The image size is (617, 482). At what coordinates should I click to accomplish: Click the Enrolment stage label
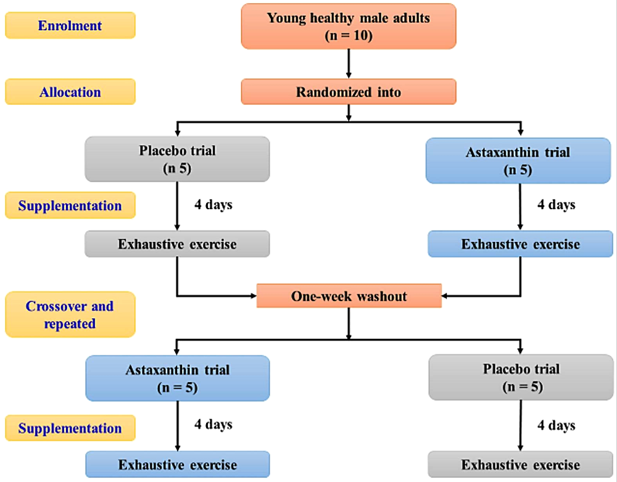click(x=70, y=26)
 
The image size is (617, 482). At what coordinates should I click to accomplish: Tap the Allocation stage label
click(x=70, y=92)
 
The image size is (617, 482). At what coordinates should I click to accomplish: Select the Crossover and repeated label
click(x=70, y=314)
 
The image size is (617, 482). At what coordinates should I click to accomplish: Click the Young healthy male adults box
click(x=349, y=26)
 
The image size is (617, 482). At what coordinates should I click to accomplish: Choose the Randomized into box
click(x=349, y=92)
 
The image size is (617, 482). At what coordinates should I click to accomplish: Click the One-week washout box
click(x=349, y=296)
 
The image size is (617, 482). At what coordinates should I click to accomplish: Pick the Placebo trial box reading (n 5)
click(x=178, y=159)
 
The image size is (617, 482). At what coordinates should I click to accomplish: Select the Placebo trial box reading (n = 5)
click(x=521, y=378)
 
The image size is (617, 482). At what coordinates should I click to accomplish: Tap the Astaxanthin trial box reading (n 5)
click(x=521, y=160)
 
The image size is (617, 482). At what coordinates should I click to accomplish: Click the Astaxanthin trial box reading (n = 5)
click(x=178, y=378)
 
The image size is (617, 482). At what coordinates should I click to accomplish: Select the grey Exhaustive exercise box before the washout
click(x=178, y=244)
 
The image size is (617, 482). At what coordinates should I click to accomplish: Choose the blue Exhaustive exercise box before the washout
click(x=521, y=244)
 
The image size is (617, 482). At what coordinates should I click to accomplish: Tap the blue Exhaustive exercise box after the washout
click(x=178, y=464)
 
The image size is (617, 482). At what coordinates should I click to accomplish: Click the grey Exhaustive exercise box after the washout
click(x=521, y=465)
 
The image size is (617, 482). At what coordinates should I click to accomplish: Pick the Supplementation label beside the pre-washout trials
click(x=70, y=205)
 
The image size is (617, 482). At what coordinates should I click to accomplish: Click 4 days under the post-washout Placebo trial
click(x=557, y=425)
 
